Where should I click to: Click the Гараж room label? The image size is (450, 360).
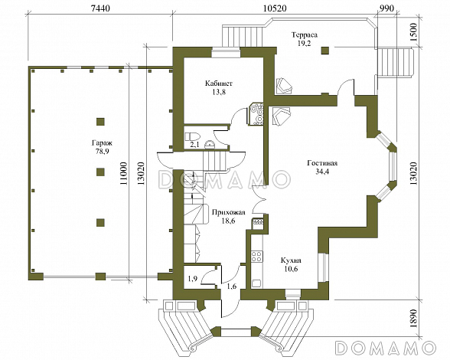pyautogui.click(x=103, y=142)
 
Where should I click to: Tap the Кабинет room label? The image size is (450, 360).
pyautogui.click(x=219, y=83)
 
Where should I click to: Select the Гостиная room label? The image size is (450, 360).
pyautogui.click(x=322, y=163)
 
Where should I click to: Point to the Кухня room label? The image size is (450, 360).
pyautogui.click(x=291, y=260)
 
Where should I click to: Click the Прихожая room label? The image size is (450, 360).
pyautogui.click(x=228, y=212)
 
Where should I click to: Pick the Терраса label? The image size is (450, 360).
pyautogui.click(x=305, y=35)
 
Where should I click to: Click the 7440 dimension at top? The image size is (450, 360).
pyautogui.click(x=100, y=8)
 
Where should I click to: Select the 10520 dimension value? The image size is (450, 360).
pyautogui.click(x=275, y=8)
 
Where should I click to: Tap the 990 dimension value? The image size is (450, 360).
pyautogui.click(x=386, y=8)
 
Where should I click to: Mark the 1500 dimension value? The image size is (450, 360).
pyautogui.click(x=413, y=32)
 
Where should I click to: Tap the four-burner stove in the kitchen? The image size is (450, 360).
pyautogui.click(x=256, y=257)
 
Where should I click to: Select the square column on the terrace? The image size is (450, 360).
pyautogui.click(x=324, y=51)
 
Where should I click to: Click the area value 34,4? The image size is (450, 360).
pyautogui.click(x=322, y=172)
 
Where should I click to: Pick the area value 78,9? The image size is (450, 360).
pyautogui.click(x=103, y=152)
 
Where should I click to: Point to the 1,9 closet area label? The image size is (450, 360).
pyautogui.click(x=193, y=278)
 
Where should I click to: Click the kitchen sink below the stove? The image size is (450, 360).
pyautogui.click(x=256, y=283)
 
